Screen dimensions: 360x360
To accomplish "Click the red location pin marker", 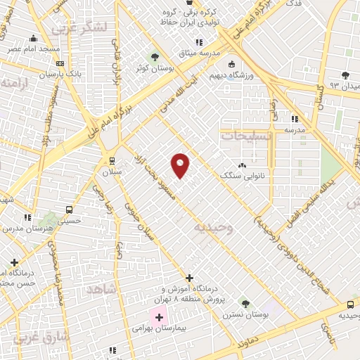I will coord(181,165).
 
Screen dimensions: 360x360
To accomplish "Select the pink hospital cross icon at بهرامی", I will coord(159,317).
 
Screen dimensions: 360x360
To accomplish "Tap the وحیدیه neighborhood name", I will coord(212,229).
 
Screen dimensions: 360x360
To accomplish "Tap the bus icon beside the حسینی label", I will coord(69,210).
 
